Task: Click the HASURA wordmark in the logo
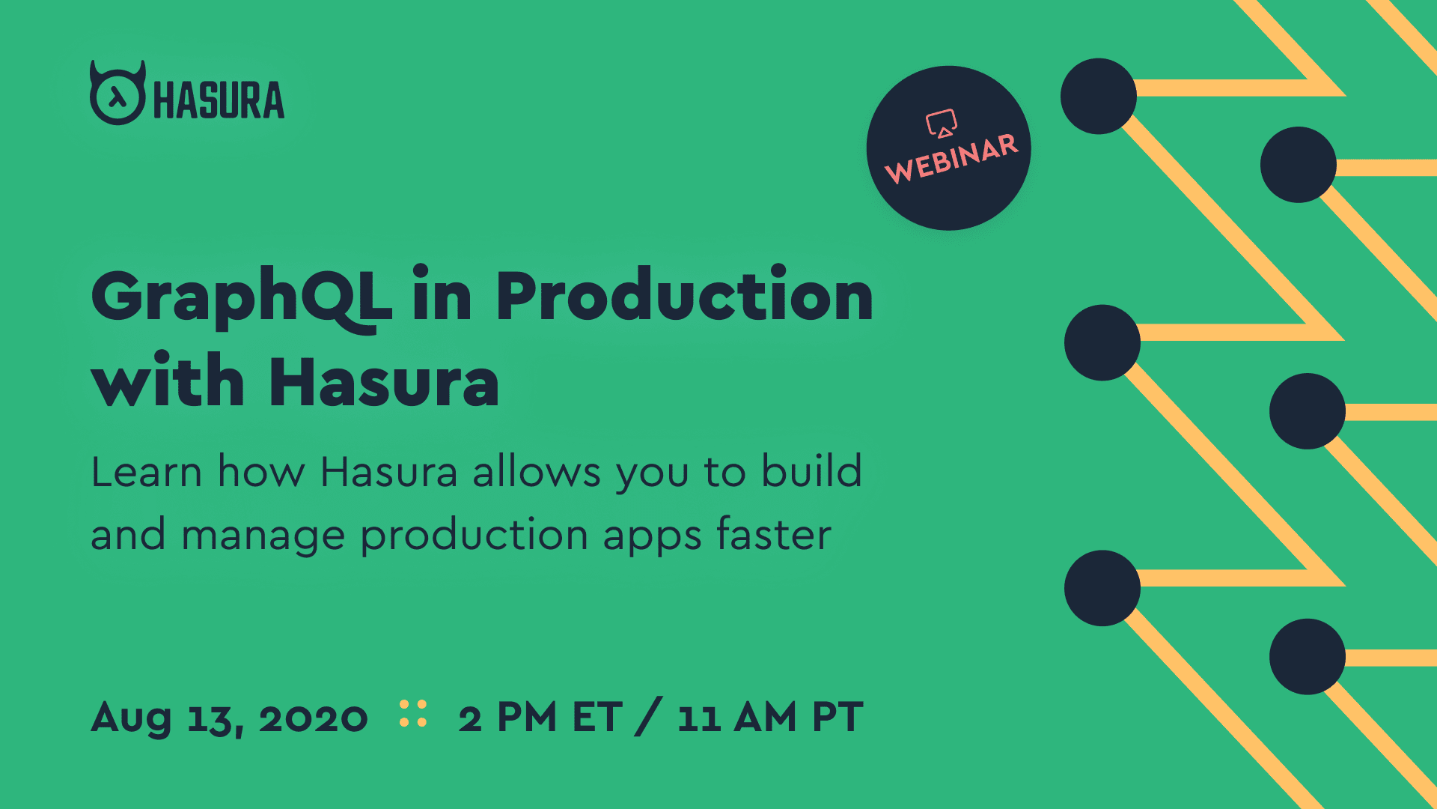coord(219,100)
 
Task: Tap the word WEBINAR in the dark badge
coord(951,159)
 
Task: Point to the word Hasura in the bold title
coord(384,383)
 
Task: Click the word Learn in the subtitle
coord(147,473)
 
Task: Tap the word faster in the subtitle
coord(773,535)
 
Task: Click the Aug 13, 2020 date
coord(229,718)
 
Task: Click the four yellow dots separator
coord(413,714)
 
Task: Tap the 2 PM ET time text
coord(540,718)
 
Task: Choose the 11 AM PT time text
coord(770,718)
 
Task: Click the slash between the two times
coord(648,717)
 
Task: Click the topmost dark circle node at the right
coord(1098,97)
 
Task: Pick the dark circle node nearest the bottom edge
coord(1307,656)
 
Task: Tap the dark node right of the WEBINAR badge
coord(1098,97)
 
